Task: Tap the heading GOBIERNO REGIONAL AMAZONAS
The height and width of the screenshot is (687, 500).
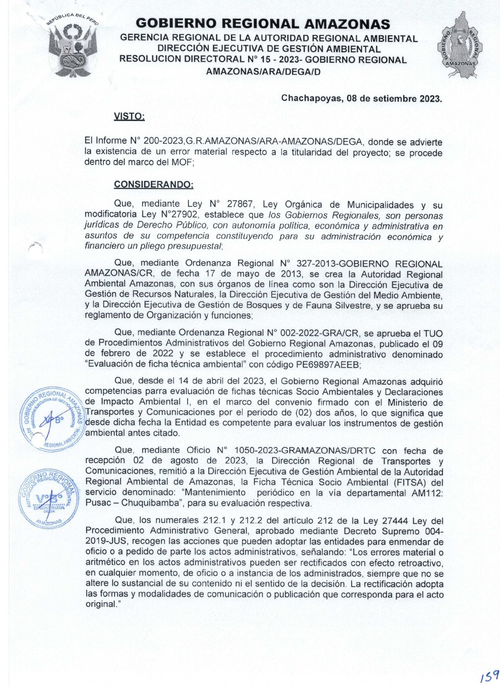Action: click(x=263, y=24)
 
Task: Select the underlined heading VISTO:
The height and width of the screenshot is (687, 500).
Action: click(x=129, y=116)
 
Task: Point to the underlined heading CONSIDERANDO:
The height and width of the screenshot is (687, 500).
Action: click(x=153, y=184)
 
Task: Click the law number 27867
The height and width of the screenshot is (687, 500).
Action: click(x=240, y=205)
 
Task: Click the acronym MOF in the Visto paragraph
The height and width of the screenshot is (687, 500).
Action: click(x=182, y=163)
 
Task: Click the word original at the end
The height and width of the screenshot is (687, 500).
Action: click(x=101, y=604)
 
